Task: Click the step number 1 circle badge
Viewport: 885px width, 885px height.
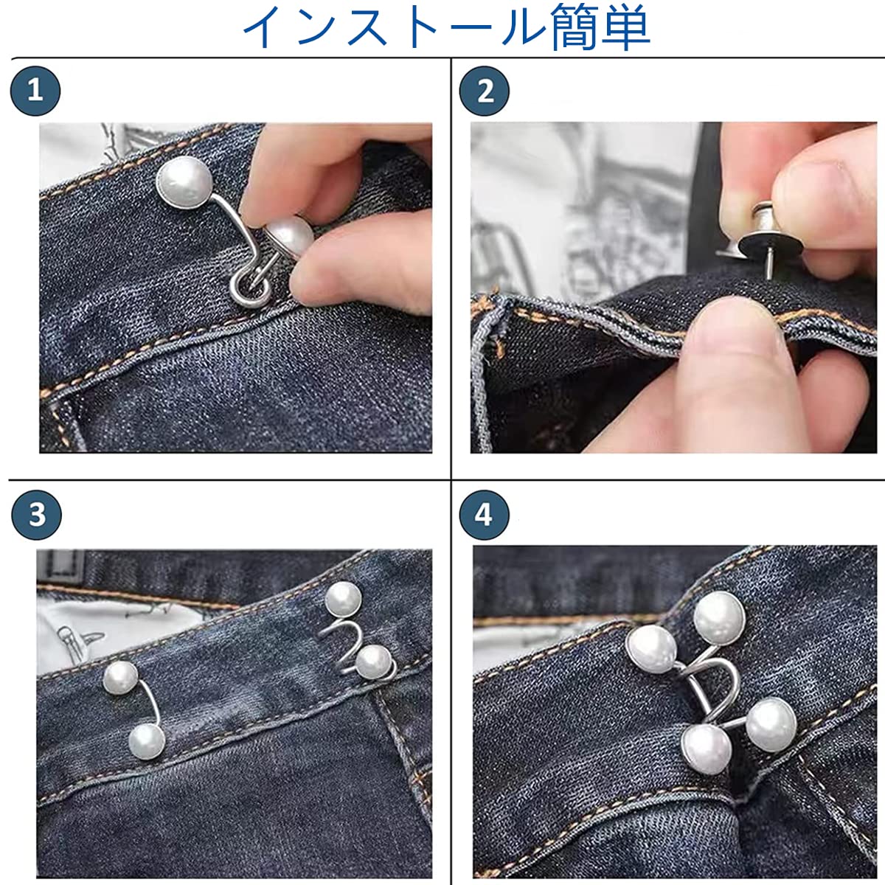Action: pyautogui.click(x=35, y=91)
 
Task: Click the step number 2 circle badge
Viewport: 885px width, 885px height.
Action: pyautogui.click(x=484, y=91)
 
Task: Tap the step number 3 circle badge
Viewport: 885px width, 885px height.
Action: pyautogui.click(x=36, y=514)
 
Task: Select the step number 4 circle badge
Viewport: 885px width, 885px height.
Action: pyautogui.click(x=484, y=514)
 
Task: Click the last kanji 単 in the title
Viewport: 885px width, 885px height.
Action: pyautogui.click(x=626, y=27)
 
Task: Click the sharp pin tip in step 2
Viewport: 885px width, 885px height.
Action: pyautogui.click(x=768, y=277)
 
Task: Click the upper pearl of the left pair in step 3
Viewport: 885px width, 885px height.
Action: pyautogui.click(x=120, y=678)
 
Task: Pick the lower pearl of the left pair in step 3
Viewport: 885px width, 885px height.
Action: pyautogui.click(x=147, y=742)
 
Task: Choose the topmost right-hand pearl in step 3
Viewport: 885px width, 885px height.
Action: pyautogui.click(x=343, y=600)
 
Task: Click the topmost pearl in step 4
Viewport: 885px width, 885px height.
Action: pyautogui.click(x=719, y=617)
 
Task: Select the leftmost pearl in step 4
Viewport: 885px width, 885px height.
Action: pyautogui.click(x=651, y=650)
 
